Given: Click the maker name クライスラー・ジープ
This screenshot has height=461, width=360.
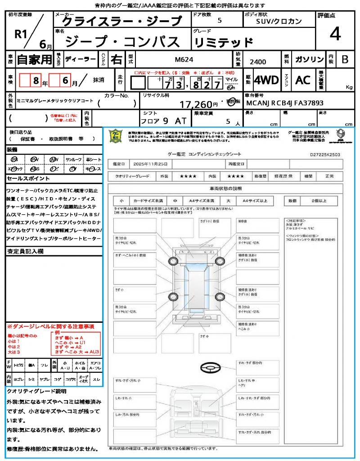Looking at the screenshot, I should [121, 21].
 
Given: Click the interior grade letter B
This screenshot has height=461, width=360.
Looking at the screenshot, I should [345, 59].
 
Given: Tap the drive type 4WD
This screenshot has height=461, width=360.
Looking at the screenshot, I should [266, 80].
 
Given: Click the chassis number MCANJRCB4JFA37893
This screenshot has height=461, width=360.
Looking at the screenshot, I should [285, 103].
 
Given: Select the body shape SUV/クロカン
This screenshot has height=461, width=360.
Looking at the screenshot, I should [279, 21].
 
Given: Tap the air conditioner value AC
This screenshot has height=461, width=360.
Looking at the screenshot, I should [303, 80].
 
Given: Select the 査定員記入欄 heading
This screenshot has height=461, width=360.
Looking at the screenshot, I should [25, 251].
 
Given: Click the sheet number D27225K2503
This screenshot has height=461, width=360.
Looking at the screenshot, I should [325, 154].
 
